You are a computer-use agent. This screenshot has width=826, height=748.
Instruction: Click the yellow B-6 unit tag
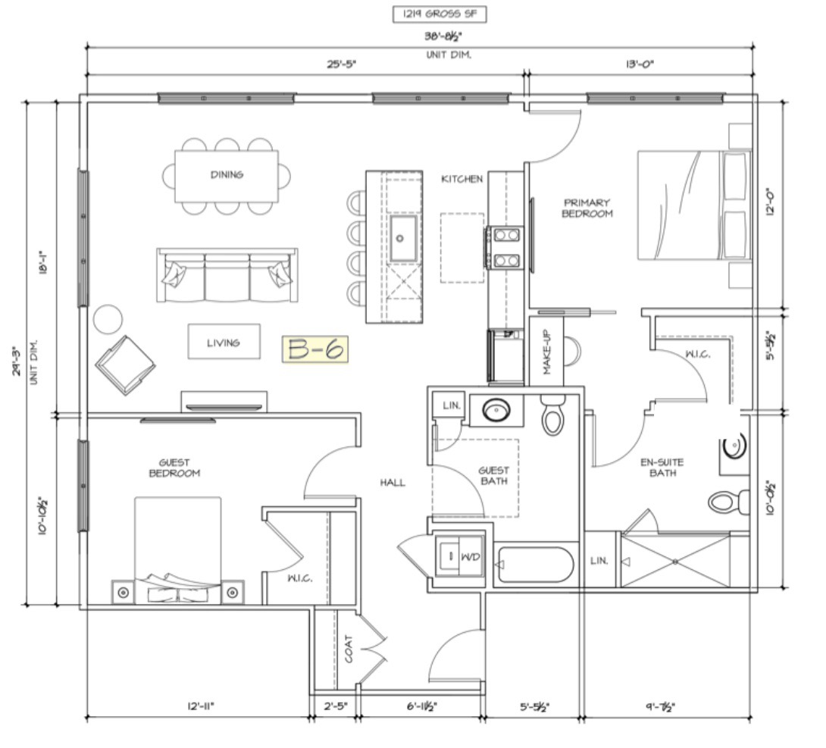(x=315, y=349)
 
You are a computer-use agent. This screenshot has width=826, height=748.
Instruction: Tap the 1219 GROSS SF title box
(x=440, y=14)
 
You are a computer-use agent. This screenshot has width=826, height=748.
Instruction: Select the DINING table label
(x=227, y=174)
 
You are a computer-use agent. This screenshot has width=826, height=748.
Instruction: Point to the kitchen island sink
(x=403, y=238)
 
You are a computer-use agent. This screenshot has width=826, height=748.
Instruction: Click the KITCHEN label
(x=462, y=179)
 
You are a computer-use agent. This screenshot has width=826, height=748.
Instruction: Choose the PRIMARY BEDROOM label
(x=587, y=208)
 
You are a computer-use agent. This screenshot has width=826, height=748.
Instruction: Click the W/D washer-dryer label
(x=471, y=557)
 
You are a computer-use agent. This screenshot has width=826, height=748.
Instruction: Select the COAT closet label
(x=348, y=649)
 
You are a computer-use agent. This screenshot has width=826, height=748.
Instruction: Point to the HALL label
(x=393, y=483)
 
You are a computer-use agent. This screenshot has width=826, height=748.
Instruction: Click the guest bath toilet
(x=552, y=415)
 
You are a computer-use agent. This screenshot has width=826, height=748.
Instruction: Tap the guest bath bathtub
(x=535, y=565)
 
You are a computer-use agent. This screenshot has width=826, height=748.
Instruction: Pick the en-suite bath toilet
(x=728, y=502)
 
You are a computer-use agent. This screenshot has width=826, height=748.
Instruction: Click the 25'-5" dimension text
(x=342, y=64)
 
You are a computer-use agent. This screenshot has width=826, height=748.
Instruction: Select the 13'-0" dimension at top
(x=640, y=64)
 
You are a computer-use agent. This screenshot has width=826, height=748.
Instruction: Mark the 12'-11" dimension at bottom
(x=201, y=706)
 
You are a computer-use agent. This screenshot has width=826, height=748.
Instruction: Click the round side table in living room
(x=108, y=319)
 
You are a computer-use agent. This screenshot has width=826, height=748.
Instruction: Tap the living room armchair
(x=125, y=365)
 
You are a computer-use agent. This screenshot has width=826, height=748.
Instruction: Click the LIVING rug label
(x=224, y=343)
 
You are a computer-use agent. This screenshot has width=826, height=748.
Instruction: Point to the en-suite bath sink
(x=734, y=447)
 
